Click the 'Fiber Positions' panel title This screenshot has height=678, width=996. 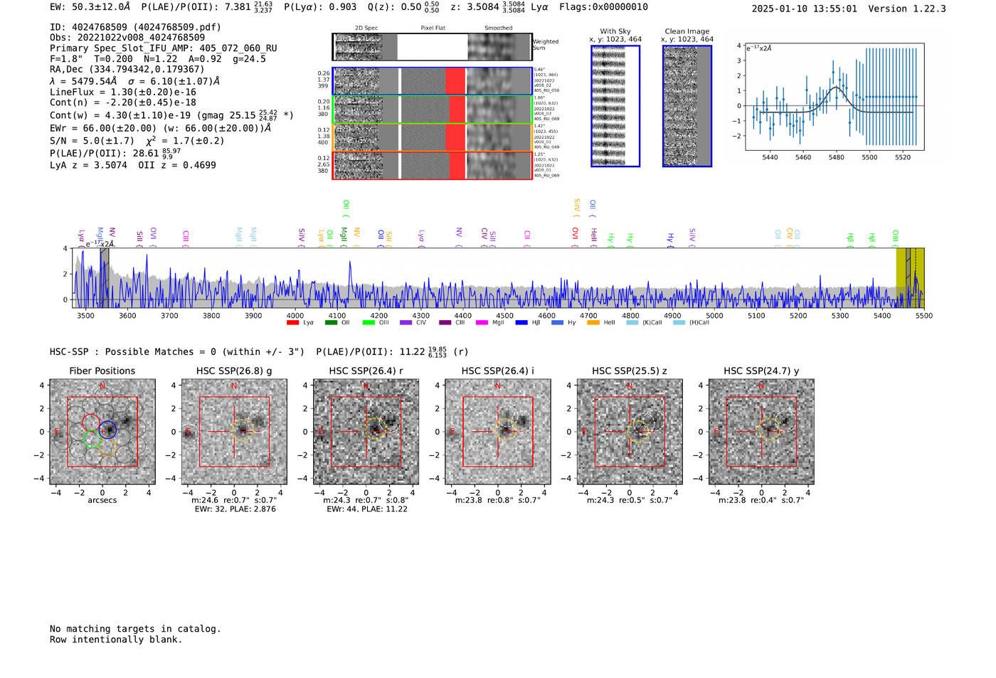[x=102, y=371]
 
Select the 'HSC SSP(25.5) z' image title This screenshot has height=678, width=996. [x=629, y=371]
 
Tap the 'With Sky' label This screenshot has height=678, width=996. [x=615, y=31]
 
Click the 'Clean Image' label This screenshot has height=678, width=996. [x=687, y=31]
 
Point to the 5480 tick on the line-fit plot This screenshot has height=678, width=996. [x=836, y=157]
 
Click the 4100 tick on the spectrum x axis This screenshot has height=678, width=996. [x=337, y=316]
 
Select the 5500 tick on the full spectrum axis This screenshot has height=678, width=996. [x=923, y=316]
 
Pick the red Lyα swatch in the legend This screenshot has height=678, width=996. [x=292, y=323]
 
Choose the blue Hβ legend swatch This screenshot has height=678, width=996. [x=521, y=323]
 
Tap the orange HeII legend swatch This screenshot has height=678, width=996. [x=593, y=323]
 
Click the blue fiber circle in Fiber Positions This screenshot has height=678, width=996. [x=107, y=430]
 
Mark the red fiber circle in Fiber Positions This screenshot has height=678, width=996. [x=90, y=422]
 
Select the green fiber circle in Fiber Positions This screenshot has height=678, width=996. [x=91, y=439]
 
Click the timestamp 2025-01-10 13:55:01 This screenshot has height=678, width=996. [x=804, y=9]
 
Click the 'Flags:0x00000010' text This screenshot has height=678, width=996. [x=603, y=6]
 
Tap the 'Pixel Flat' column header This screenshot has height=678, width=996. [x=433, y=28]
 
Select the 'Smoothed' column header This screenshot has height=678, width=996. [x=498, y=28]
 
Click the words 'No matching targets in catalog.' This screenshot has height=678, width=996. [x=135, y=629]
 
